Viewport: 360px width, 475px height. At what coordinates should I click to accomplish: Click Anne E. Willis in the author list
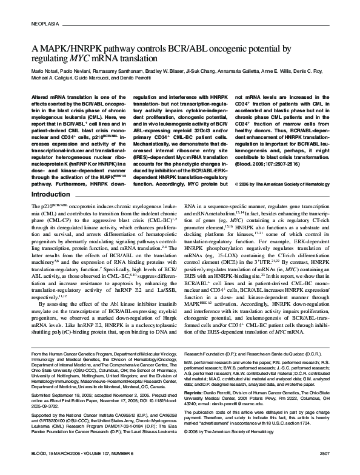[x=278, y=72]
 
